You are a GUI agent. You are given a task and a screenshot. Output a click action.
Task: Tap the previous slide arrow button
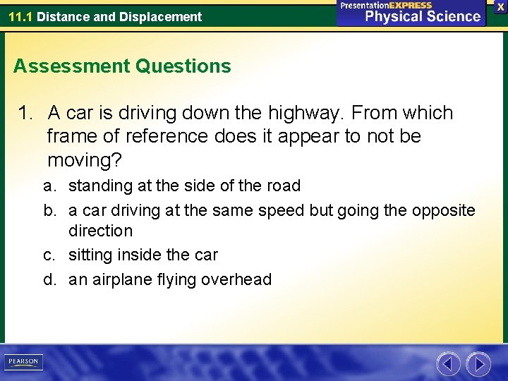[x=448, y=364]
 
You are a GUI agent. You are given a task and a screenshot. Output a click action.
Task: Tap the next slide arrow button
[x=478, y=364]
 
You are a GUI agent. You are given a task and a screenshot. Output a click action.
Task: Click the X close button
[x=500, y=6]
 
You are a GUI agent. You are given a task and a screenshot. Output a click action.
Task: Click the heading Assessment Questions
[x=122, y=66]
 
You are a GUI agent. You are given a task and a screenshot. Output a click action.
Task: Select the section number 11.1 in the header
[x=20, y=16]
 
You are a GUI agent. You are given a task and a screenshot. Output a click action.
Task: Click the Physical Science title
[x=422, y=16]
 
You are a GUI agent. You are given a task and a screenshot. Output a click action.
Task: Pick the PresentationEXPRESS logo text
[x=386, y=5]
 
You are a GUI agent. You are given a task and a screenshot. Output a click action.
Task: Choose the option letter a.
[x=49, y=186]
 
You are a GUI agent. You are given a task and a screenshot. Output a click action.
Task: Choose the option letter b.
[x=49, y=210]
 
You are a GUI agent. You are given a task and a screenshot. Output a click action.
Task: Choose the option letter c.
[x=49, y=255]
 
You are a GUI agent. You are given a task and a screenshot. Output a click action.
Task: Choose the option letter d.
[x=49, y=279]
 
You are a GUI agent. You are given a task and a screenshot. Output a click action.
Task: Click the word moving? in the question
[x=85, y=159]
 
